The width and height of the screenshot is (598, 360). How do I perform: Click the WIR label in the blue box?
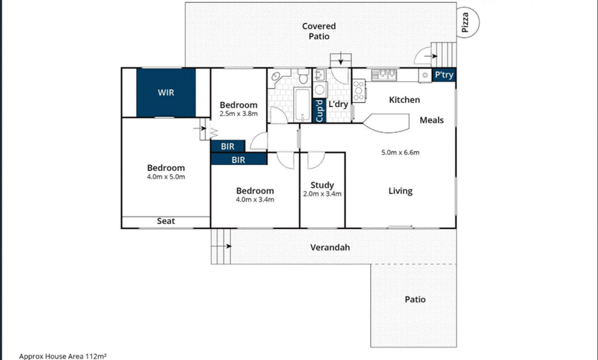[x=166, y=93]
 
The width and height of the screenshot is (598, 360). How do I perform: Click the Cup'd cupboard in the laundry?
[x=319, y=110]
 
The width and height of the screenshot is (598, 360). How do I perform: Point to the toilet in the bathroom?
[x=301, y=77]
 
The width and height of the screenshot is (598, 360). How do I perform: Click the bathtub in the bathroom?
[x=300, y=105]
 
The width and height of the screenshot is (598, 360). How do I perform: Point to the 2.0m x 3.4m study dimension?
[x=322, y=193]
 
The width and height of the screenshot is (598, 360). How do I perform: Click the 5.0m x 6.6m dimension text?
[x=400, y=153]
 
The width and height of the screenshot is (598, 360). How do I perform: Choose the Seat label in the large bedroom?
[x=166, y=221]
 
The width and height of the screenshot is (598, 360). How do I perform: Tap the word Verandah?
[x=330, y=247]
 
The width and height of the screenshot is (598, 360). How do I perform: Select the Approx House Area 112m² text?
[x=63, y=356]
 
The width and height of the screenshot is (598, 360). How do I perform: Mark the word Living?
[x=400, y=191]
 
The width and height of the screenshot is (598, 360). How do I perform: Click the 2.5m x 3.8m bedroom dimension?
[x=238, y=114]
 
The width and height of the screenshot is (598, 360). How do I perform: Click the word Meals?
[x=431, y=120]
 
